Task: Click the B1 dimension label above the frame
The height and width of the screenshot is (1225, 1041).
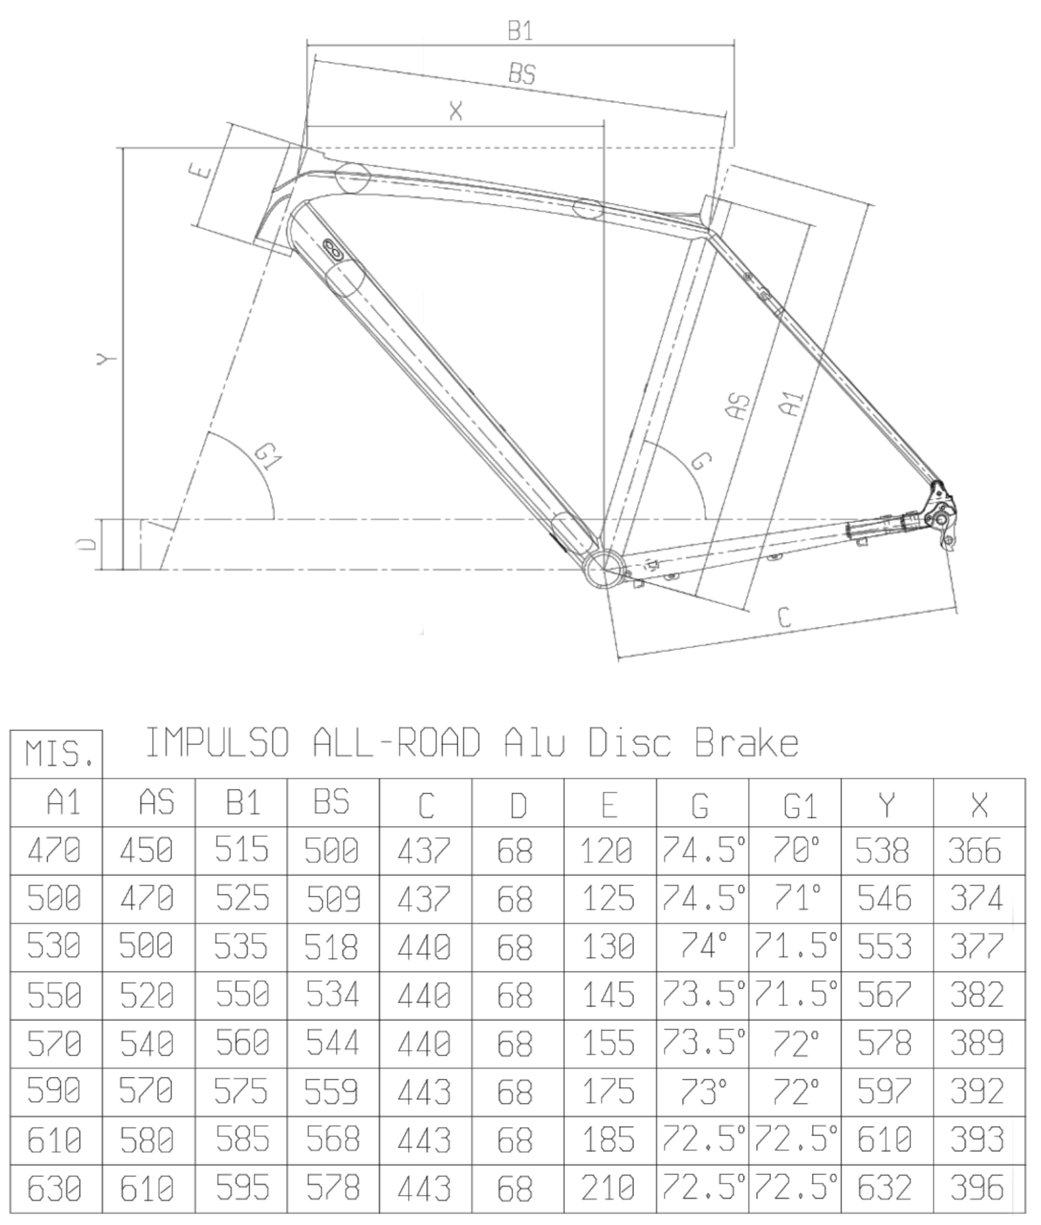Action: (x=521, y=31)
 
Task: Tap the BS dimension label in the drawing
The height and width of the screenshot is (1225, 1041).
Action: (x=522, y=74)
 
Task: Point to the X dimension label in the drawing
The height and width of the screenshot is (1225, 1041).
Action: (x=455, y=110)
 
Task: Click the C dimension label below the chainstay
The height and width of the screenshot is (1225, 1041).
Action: (x=784, y=617)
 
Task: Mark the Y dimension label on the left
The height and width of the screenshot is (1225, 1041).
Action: (x=106, y=358)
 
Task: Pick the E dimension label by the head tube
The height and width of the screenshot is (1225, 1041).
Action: (x=200, y=170)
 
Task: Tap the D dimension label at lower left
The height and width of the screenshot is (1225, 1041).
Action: (x=87, y=544)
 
